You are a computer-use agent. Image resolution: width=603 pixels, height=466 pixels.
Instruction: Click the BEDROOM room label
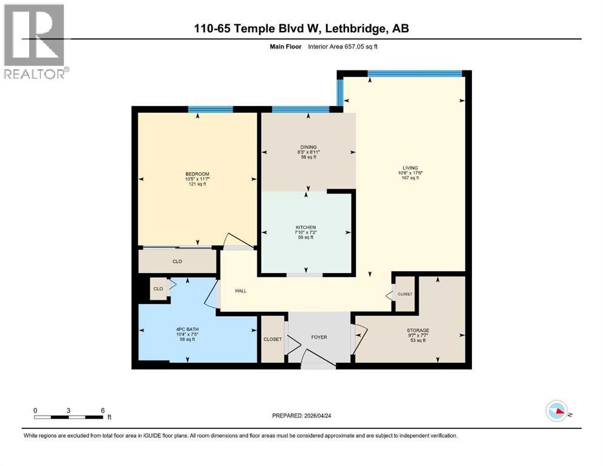coord(197,174)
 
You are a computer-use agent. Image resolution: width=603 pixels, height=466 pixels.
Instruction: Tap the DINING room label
coord(308,147)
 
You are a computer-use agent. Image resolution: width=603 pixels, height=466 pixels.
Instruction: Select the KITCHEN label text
coord(305,227)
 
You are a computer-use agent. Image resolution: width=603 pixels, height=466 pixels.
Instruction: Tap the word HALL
coord(240,291)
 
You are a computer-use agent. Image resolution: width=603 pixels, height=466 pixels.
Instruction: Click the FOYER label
coord(319,337)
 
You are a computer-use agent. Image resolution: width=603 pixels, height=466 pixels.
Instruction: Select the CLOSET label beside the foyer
coord(273,339)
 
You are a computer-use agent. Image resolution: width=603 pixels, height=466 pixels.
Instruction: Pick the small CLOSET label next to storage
coord(404,294)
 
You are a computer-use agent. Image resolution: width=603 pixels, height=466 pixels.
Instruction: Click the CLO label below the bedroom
coord(177,262)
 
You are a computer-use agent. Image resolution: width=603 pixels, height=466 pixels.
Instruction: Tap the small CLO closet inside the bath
coord(158,289)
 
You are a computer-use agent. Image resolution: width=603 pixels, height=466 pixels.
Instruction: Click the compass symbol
coord(556,411)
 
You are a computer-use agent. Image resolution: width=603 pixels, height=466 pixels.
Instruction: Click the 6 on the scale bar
coord(103,410)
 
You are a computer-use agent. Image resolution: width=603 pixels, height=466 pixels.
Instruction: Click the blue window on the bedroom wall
coord(210,109)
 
